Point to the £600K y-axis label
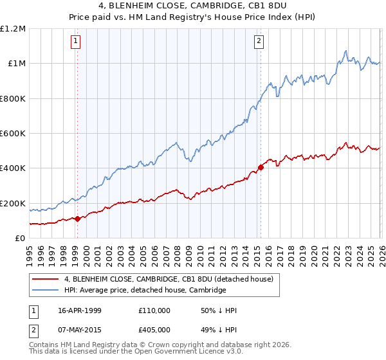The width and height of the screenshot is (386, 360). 13,134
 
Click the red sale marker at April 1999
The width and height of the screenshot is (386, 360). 78,219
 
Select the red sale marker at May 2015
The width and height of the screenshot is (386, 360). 261,167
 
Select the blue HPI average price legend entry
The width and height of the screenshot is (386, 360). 145,290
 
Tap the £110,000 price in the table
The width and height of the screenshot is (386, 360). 154,310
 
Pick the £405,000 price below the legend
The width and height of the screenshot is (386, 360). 154,330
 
